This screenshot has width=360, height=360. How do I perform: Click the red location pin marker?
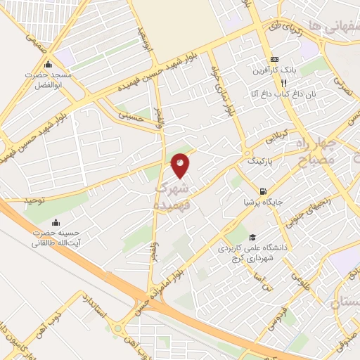point(181,166)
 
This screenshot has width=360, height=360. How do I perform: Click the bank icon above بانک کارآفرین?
point(274,60)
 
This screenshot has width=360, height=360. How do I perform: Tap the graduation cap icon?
point(252,238)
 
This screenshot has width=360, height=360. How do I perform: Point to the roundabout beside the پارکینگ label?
point(247,153)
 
